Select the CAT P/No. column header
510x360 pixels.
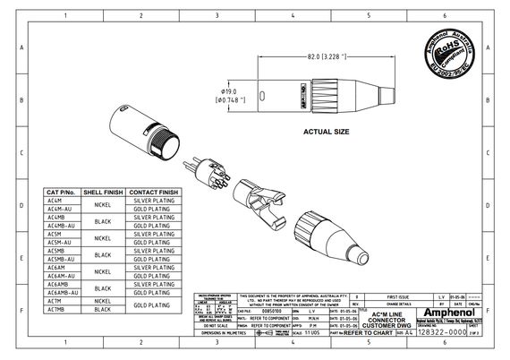(62, 192)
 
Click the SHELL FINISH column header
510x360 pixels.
(103, 192)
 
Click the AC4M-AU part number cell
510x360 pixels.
(62, 209)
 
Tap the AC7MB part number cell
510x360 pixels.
(62, 309)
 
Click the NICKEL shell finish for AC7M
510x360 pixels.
(103, 301)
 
